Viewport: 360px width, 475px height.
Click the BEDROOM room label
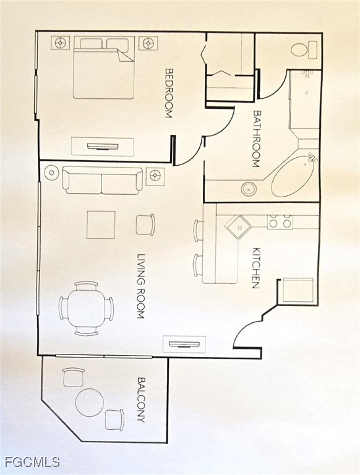[169, 93]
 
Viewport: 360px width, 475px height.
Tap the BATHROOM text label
[257, 139]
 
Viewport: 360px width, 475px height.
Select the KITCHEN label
[256, 268]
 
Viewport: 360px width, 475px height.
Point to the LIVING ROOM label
[140, 286]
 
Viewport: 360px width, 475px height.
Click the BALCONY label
[141, 400]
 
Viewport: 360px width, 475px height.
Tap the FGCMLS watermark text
[32, 462]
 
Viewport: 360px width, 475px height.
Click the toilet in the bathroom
[304, 49]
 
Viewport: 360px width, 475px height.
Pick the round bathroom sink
[249, 189]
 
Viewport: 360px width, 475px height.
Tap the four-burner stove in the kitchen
[280, 221]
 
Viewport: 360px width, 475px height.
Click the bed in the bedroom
[104, 67]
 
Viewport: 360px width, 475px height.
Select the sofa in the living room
[102, 181]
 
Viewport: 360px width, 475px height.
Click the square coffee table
[101, 225]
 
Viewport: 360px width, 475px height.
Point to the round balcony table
[90, 403]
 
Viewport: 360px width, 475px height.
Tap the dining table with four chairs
[87, 308]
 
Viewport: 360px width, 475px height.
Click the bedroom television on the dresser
[103, 147]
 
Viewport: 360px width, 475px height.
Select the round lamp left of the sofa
[51, 173]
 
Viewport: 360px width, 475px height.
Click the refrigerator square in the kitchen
[298, 290]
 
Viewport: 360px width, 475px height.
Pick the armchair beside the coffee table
[145, 225]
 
